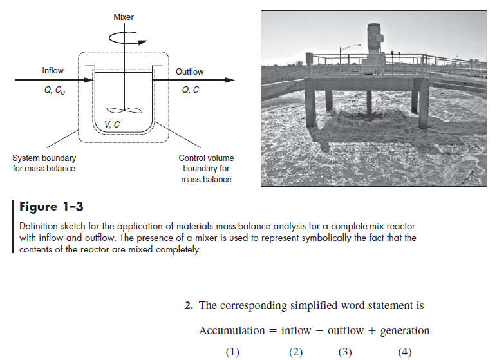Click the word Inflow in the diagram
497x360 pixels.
point(53,71)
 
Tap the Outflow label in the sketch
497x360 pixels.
point(189,71)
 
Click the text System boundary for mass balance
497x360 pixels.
point(44,164)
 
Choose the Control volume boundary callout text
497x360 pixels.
point(206,169)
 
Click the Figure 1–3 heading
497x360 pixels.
point(52,207)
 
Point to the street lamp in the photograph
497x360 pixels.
point(358,47)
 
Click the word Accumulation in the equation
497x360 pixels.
point(232,330)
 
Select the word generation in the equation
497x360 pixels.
point(404,330)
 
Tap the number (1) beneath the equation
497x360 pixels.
point(232,352)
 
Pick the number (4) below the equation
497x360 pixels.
point(404,352)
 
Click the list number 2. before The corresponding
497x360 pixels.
point(189,305)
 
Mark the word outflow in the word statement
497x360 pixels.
point(346,330)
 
